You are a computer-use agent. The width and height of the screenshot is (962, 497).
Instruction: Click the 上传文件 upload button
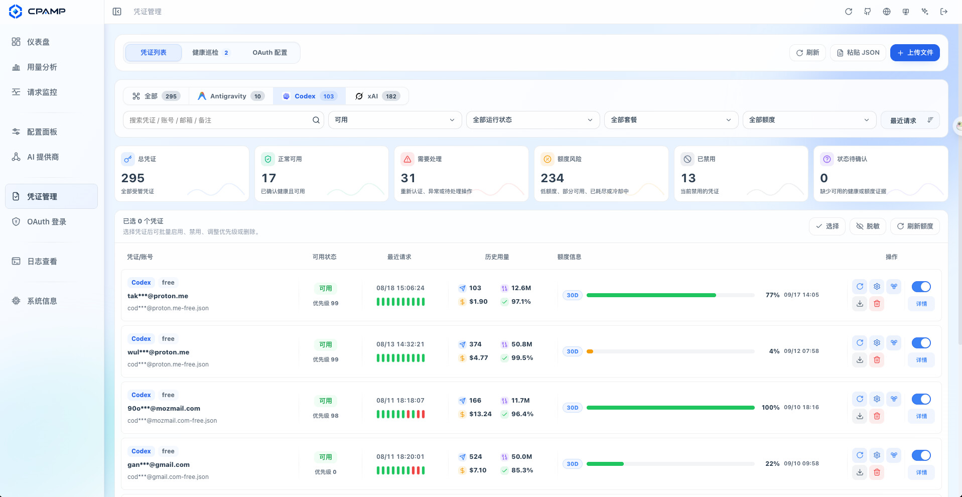[x=915, y=53]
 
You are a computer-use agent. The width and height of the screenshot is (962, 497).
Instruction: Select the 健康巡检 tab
[x=210, y=53]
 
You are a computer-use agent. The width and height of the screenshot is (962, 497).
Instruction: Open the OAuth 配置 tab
[x=270, y=53]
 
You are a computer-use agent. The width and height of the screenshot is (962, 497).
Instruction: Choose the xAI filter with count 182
[x=377, y=96]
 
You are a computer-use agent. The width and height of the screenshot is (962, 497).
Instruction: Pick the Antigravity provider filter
[x=231, y=96]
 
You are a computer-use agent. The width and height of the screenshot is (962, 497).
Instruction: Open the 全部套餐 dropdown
[x=671, y=120]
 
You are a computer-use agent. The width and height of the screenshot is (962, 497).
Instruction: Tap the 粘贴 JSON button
[x=858, y=53]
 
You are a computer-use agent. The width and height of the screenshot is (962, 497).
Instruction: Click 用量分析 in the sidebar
[x=42, y=67]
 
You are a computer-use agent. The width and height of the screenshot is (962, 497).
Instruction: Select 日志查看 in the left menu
[x=42, y=262]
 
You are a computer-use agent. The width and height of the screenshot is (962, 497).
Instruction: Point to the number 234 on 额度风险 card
[x=552, y=178]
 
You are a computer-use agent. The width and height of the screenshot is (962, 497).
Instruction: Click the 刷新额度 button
[x=915, y=226]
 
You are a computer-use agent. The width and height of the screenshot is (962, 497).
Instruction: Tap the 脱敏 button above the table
[x=868, y=226]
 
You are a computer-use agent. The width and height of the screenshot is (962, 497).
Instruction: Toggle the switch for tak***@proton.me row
[x=921, y=287]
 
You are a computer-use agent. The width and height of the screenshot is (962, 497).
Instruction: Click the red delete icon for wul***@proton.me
[x=877, y=360]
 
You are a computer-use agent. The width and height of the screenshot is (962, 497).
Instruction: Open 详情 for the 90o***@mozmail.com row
[x=921, y=416]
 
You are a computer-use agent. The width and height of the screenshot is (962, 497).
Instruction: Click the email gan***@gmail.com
[x=159, y=465]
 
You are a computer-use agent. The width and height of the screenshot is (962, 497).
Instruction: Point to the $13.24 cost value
[x=480, y=414]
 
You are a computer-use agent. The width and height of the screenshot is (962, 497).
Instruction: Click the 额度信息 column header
[x=569, y=257]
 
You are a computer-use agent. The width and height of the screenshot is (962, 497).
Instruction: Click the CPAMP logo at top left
[x=37, y=12]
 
